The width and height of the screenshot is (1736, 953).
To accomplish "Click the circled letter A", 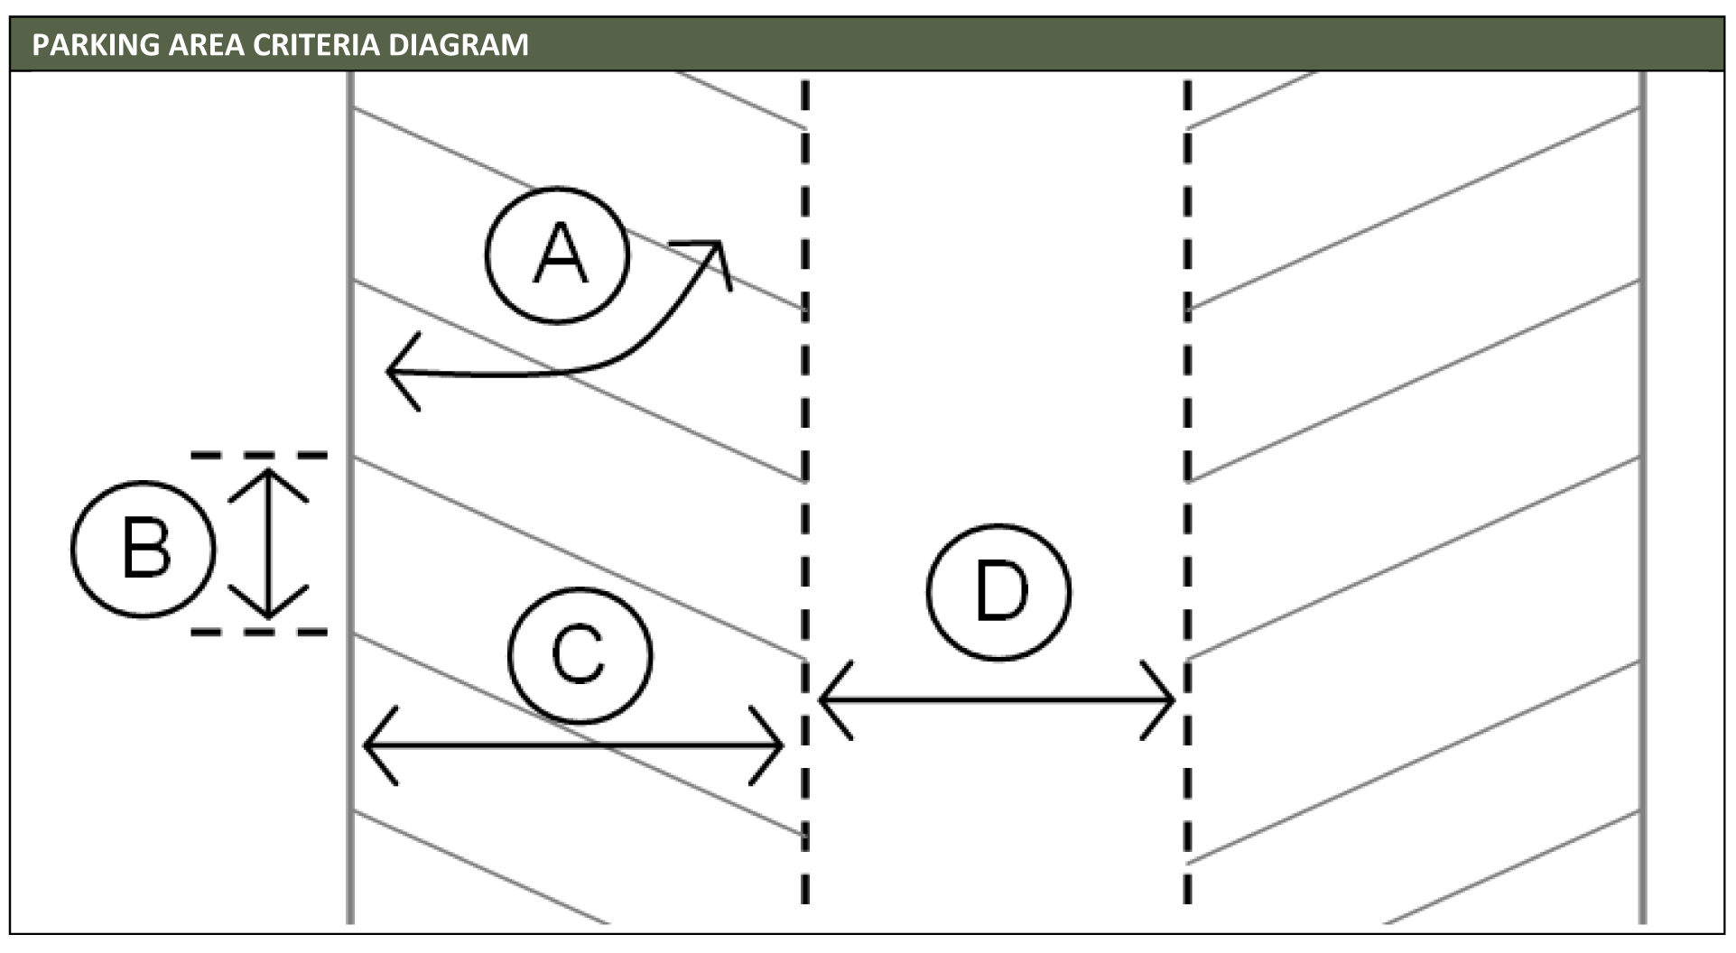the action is tap(557, 254).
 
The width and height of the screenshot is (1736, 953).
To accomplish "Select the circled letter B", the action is tap(144, 549).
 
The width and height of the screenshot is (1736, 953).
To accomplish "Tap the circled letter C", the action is tap(580, 655).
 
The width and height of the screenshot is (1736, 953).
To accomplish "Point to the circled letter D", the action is tap(998, 592).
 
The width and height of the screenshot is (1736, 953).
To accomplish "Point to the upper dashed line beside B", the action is tap(259, 456).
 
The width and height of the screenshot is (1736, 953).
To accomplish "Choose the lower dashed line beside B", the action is tap(259, 633).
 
